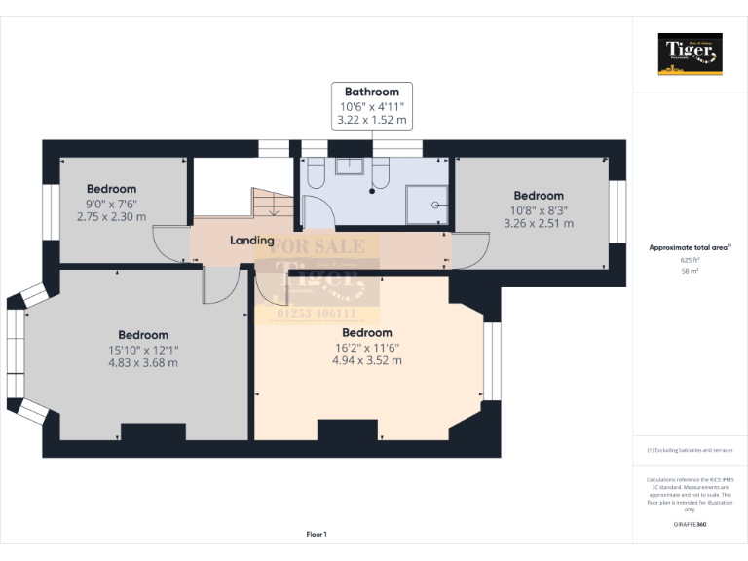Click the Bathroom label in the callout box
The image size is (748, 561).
372,93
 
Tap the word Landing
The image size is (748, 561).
251,240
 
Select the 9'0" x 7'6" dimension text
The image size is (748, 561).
111,204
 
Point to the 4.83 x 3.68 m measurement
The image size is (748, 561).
143,362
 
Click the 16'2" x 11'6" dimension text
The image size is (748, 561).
366,347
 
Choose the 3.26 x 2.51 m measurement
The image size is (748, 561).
539,223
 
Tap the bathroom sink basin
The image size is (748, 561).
349,166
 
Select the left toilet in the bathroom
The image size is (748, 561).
315,172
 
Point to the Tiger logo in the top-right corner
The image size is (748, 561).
690,54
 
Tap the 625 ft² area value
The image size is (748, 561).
690,261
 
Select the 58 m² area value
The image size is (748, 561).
690,272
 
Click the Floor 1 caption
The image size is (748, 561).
317,534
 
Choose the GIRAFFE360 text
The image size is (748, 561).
690,525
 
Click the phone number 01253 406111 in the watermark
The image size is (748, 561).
317,314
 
